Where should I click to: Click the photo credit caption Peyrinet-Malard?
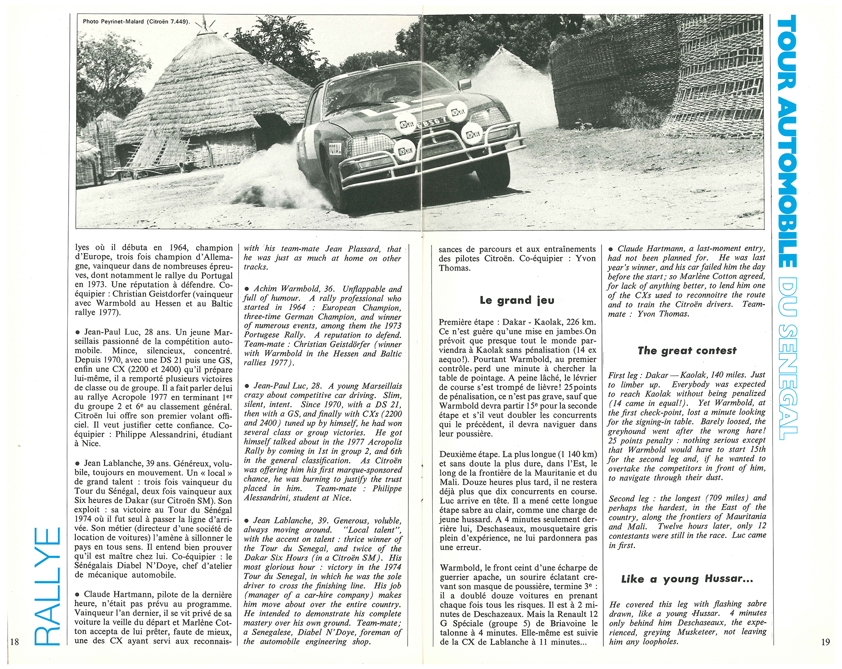point(136,21)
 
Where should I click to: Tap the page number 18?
point(14,642)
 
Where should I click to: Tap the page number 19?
point(825,642)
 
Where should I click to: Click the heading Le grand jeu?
point(517,300)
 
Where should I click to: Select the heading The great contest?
point(687,351)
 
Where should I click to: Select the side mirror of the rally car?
point(464,84)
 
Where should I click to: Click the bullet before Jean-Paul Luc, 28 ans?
point(77,333)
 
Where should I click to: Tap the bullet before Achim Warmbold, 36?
point(247,289)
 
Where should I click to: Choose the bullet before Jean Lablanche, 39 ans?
point(77,464)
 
